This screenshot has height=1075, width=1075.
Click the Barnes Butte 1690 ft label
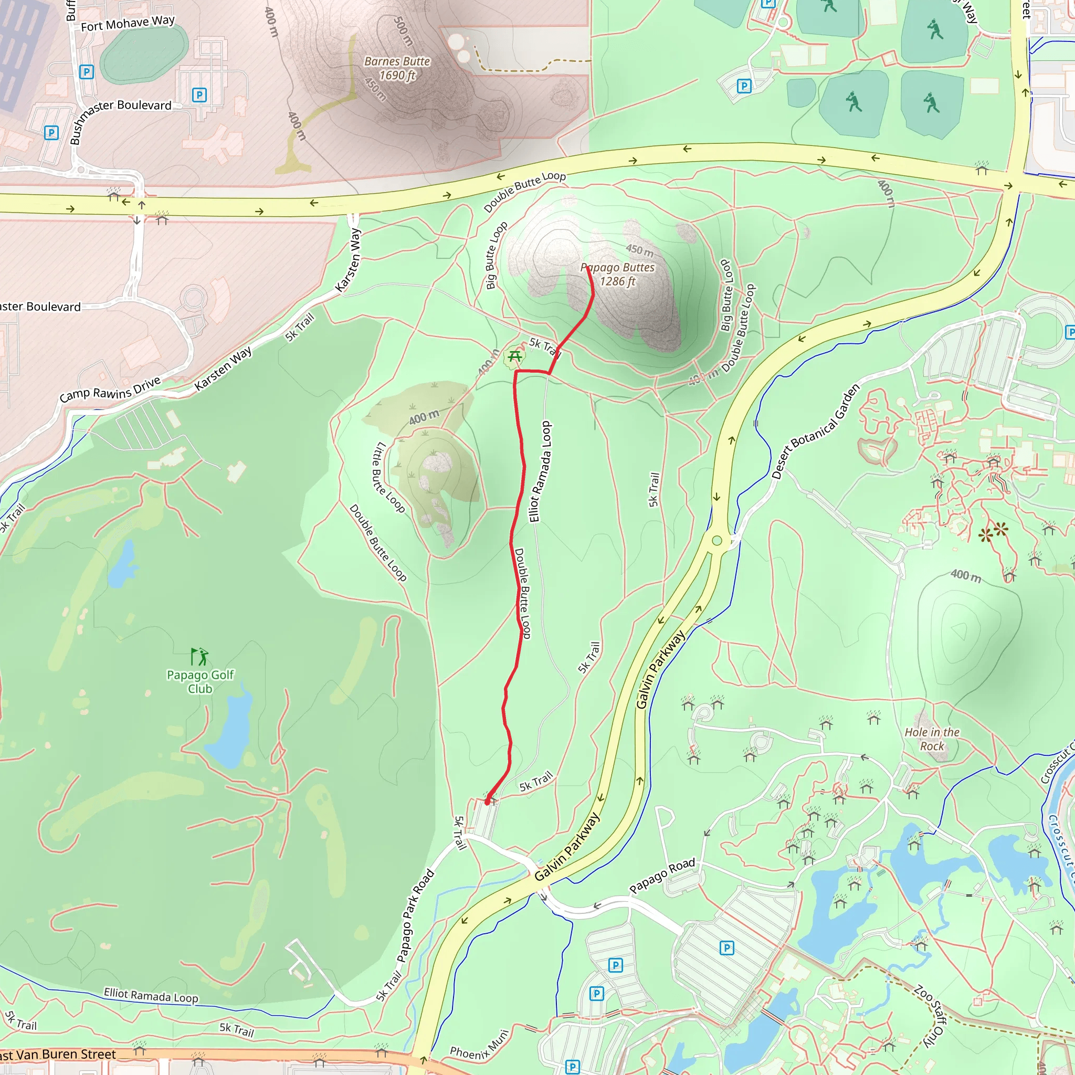coord(397,68)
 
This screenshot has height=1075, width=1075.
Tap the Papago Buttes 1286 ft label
coord(618,275)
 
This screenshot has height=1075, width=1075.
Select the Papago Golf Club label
coord(201,682)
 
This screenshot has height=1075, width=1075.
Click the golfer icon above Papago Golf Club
coord(199,657)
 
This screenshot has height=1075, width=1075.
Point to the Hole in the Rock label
coord(932,739)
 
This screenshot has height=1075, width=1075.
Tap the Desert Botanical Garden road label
coord(815,431)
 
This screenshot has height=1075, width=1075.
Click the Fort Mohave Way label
coord(128,24)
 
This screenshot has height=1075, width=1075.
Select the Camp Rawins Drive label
coord(110,389)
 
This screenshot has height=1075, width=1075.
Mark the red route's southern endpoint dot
coord(487,803)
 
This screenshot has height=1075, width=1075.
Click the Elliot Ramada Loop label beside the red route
coord(540,471)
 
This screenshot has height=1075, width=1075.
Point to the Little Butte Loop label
coord(388,477)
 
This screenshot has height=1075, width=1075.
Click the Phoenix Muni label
coord(479,1045)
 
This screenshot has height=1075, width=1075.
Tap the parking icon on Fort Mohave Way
coord(86,72)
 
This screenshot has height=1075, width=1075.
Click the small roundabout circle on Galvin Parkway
coord(716,540)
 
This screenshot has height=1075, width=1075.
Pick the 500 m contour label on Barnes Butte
coord(403,31)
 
